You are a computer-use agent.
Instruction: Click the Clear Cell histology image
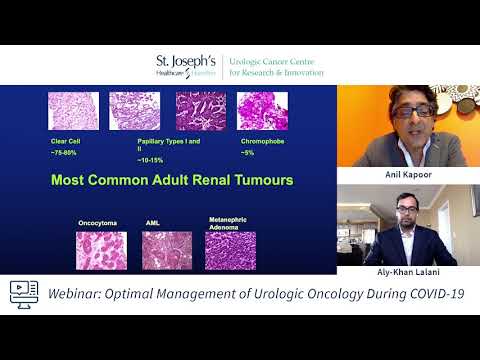73,111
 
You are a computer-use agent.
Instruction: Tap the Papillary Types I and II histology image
134,111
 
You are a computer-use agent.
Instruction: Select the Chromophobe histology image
200,111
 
